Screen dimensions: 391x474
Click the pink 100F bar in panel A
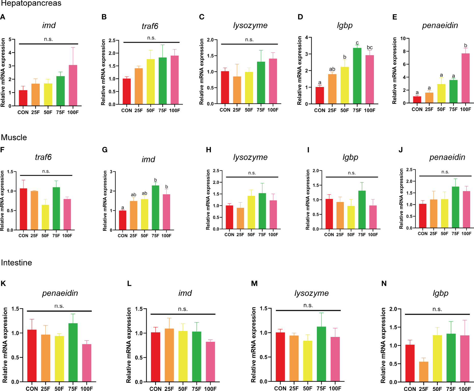click(x=73, y=85)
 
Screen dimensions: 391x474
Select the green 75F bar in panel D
click(x=357, y=76)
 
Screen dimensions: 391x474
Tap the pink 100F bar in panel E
click(x=466, y=78)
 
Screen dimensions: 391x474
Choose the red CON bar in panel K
click(x=32, y=356)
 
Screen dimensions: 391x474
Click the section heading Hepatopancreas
click(x=31, y=3)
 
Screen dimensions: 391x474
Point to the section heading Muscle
click(x=14, y=137)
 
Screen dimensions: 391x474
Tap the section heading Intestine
click(x=16, y=263)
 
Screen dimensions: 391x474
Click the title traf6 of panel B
click(x=150, y=26)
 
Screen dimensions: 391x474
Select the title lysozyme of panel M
click(x=312, y=293)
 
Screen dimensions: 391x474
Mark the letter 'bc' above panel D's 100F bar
click(x=370, y=47)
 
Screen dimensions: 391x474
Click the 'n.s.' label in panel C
click(x=249, y=40)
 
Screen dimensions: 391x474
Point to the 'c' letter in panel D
click(x=357, y=43)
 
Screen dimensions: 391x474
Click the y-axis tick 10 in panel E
click(x=403, y=39)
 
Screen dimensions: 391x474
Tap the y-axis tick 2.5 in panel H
click(x=216, y=171)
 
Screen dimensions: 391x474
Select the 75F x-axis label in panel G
click(x=155, y=236)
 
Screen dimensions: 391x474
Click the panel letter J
click(x=401, y=150)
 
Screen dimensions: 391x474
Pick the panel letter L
click(x=129, y=284)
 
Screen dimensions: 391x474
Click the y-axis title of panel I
click(x=308, y=200)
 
